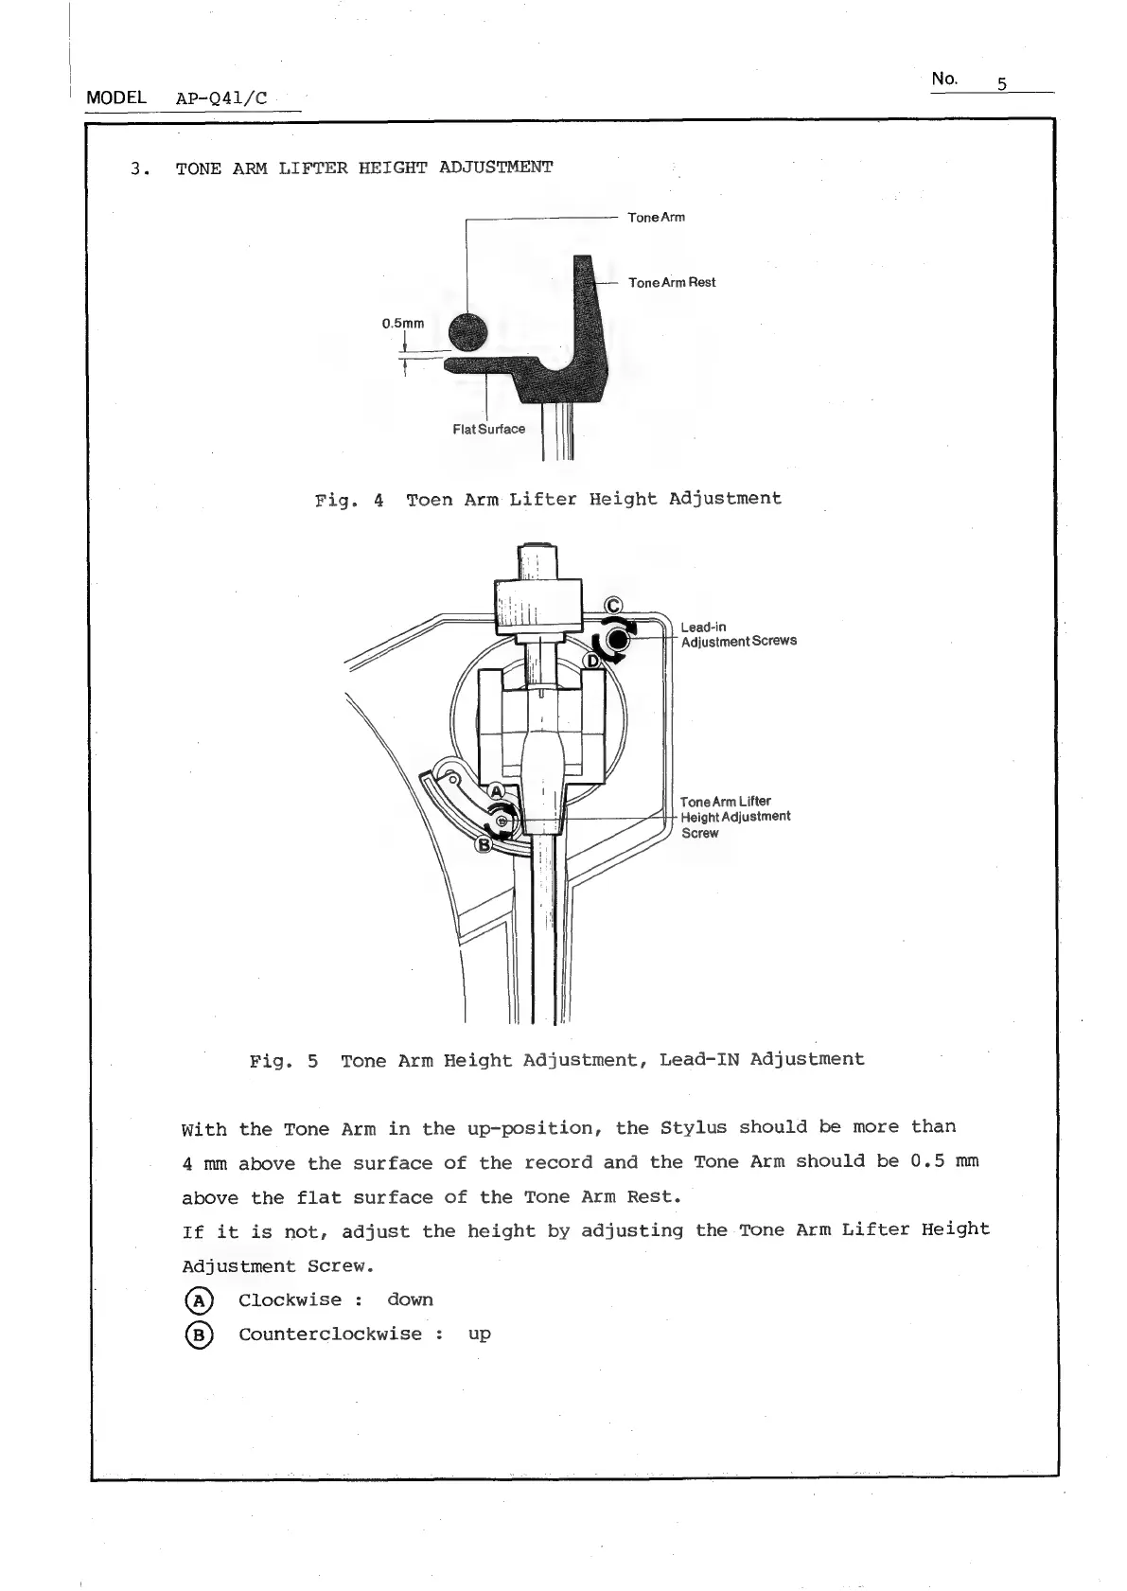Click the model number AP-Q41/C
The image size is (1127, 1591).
[x=221, y=98]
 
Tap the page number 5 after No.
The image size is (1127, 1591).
[x=1000, y=83]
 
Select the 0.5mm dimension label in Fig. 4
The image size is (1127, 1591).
[x=402, y=324]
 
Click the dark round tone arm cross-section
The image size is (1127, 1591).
[x=467, y=331]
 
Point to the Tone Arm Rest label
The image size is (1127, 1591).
[x=672, y=282]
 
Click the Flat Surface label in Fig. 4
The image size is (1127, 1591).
[x=488, y=429]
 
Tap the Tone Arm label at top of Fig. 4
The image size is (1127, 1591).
[x=656, y=218]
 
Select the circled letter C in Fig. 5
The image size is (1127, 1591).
[x=613, y=606]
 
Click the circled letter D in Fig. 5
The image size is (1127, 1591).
[x=593, y=661]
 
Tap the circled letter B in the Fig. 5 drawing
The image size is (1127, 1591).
[x=484, y=843]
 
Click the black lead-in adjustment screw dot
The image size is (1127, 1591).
[x=617, y=640]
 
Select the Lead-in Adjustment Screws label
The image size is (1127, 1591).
[x=738, y=634]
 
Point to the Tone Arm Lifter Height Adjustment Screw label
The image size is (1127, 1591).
[x=734, y=817]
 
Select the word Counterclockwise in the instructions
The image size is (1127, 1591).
[x=330, y=1334]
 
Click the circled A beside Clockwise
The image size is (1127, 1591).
[x=199, y=1300]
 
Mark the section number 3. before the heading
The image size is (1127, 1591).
[x=140, y=169]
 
